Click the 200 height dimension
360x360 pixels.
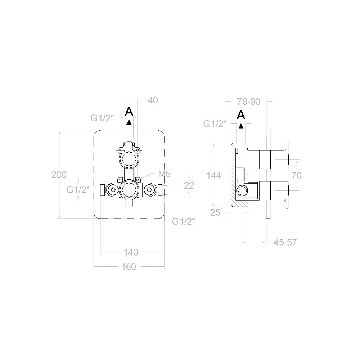59,175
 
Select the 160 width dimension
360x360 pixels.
129,267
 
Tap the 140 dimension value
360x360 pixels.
131,253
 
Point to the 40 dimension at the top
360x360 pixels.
153,100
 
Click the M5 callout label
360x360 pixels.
165,174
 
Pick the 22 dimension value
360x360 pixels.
189,185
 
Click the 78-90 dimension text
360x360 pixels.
249,102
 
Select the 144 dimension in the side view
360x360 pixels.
213,175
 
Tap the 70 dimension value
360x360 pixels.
297,175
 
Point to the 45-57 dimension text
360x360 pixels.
285,242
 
